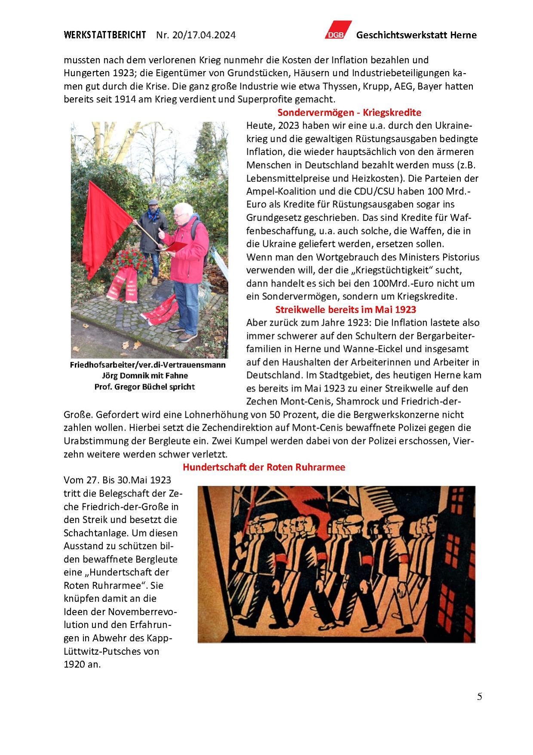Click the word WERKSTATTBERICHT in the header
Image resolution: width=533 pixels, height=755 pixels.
coord(105,35)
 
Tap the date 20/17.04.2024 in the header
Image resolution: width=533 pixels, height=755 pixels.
coord(204,35)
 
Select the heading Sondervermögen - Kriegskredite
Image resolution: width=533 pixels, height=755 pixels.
coord(349,112)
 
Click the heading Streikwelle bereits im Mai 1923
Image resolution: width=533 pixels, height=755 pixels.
coord(345,309)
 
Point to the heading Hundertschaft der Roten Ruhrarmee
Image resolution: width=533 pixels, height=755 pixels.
coord(264,467)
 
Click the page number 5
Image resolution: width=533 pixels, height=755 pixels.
coord(479,696)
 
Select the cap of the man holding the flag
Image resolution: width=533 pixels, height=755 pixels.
coord(153,202)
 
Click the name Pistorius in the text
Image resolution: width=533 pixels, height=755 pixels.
coord(458,257)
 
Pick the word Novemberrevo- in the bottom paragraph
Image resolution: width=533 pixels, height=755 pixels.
coord(142,612)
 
